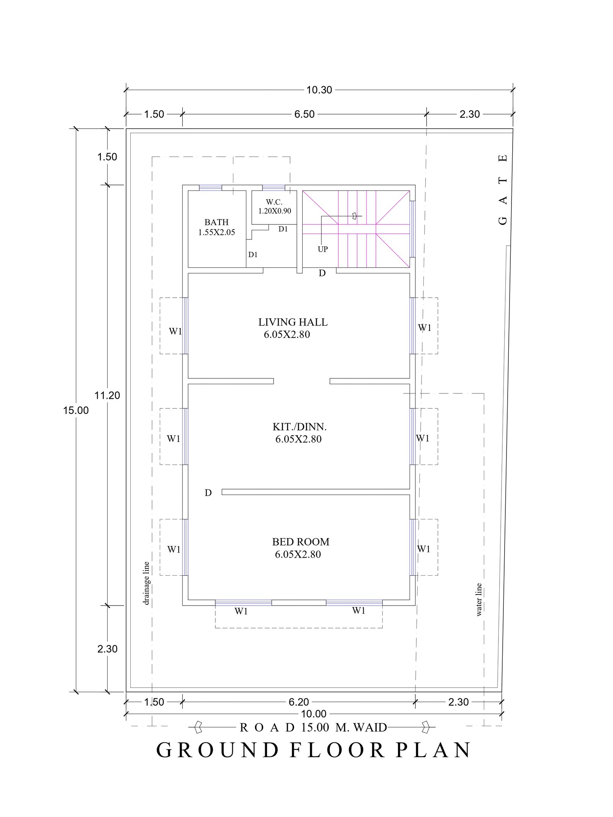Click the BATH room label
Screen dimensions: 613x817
pos(216,222)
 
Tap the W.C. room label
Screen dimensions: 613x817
pos(274,202)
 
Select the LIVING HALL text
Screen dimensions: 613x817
pos(293,322)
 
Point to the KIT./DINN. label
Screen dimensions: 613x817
pos(300,427)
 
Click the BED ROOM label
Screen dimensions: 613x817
pos(301,542)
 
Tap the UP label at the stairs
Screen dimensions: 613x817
pos(323,249)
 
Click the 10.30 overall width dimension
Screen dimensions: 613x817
pos(319,90)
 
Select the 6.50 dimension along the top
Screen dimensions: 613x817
pos(305,114)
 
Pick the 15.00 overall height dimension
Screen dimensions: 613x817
pos(76,411)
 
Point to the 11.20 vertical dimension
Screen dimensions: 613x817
pos(108,395)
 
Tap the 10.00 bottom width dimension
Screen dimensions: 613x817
pos(314,714)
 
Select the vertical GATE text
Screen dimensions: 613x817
pos(503,189)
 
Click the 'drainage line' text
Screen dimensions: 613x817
pos(146,583)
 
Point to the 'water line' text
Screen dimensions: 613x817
pos(479,600)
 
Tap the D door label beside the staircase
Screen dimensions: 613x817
pos(322,273)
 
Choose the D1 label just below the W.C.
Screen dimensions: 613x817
pos(283,229)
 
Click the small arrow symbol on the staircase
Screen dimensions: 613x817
pos(354,216)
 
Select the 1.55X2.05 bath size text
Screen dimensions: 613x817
pos(216,232)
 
